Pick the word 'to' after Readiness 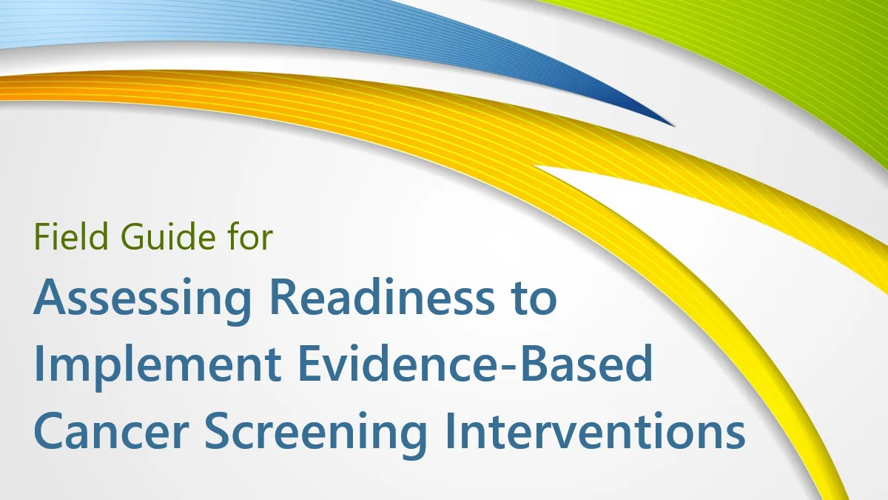click(x=532, y=299)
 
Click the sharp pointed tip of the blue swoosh click(x=672, y=124)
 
